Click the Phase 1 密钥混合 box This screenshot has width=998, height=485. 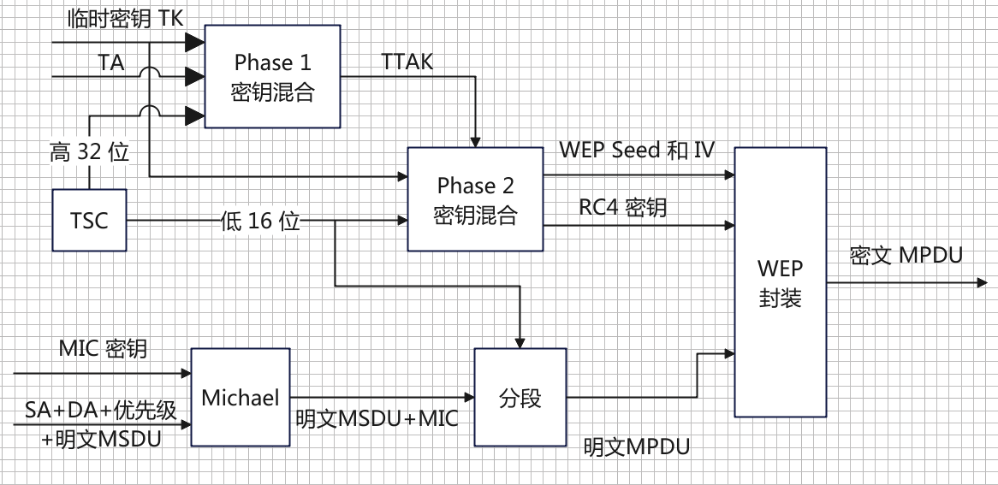[272, 76]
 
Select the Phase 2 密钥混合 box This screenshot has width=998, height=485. [475, 198]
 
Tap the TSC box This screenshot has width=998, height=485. [89, 220]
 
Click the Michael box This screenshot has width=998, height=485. [241, 397]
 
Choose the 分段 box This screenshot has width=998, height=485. [520, 398]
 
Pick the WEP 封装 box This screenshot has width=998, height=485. [780, 282]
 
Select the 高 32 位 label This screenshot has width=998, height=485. [89, 152]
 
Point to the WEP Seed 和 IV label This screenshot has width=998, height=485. [637, 151]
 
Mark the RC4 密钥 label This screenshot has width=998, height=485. [623, 207]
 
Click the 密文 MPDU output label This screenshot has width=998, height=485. [906, 255]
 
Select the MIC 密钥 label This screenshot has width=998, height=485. [103, 348]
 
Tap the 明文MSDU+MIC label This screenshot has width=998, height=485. [377, 418]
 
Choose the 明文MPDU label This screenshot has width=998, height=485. [637, 446]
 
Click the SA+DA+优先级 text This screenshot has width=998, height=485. [100, 410]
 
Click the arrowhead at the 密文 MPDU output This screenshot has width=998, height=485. [982, 282]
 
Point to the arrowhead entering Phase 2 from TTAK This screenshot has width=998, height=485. [475, 141]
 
